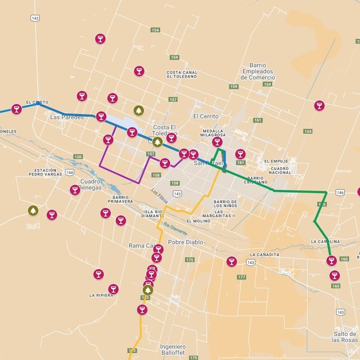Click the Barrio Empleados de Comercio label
coord(258,71)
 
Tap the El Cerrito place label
coord(205,116)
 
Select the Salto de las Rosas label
coord(345,337)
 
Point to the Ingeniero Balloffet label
coord(172,350)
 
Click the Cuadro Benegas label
coord(90,184)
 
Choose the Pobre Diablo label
coord(186,242)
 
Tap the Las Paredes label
coord(67,117)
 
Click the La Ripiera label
coord(101,296)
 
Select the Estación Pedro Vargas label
coord(49,172)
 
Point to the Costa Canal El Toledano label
coord(182,74)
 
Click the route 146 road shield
coord(340,192)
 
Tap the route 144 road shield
coord(69,172)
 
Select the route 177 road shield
coord(241,277)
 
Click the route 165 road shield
coord(336,286)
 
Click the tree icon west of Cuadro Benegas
coord(33,211)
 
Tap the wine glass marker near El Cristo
coord(16,109)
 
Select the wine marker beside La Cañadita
coord(232,261)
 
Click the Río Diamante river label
coord(175,229)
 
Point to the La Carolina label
coord(325,242)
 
